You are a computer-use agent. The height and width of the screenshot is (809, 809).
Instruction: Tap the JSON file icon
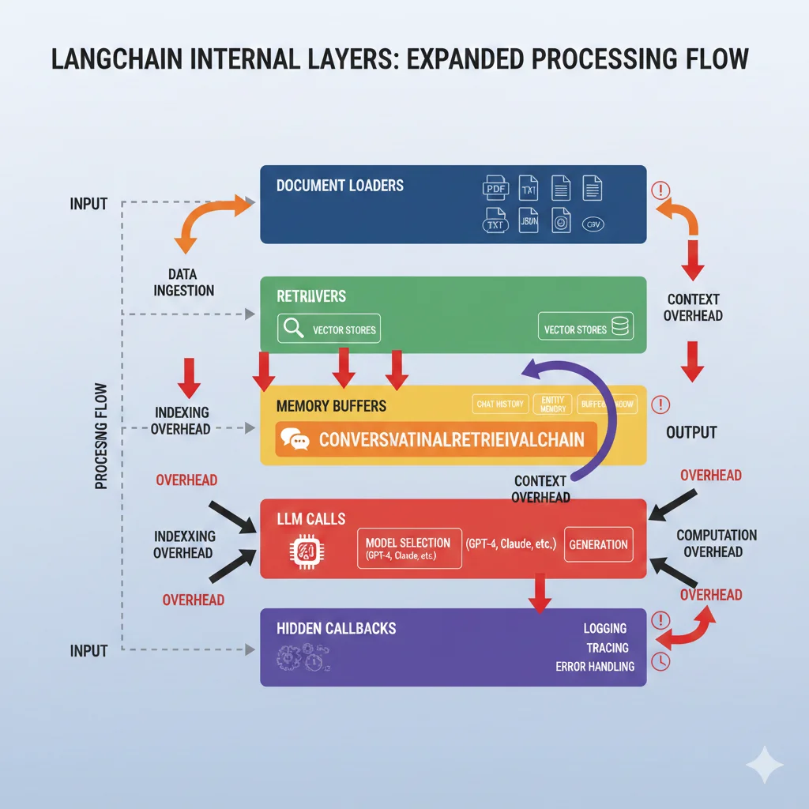coord(529,222)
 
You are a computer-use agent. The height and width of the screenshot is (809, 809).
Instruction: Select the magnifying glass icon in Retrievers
coord(293,329)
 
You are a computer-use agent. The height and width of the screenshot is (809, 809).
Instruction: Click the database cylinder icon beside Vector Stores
coord(622,329)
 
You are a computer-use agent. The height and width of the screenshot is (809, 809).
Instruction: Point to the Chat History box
coord(500,404)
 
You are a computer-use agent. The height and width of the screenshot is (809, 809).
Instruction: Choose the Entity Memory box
coord(553,404)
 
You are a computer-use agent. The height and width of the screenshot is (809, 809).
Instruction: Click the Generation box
coord(598,544)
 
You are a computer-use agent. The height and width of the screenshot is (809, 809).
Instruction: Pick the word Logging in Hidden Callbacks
coord(605,628)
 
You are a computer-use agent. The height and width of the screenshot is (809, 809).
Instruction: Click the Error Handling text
coord(595,666)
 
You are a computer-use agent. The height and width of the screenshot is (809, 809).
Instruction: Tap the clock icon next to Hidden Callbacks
coord(660,660)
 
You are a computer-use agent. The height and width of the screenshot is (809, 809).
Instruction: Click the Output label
coord(691,432)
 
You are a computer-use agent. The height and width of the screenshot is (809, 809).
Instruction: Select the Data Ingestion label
coord(183,282)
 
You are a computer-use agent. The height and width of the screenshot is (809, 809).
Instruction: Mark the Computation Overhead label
coord(717,544)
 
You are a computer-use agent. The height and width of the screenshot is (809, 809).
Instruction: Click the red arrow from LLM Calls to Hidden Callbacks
coord(539,593)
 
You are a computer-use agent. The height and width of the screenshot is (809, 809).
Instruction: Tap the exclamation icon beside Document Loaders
coord(660,190)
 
